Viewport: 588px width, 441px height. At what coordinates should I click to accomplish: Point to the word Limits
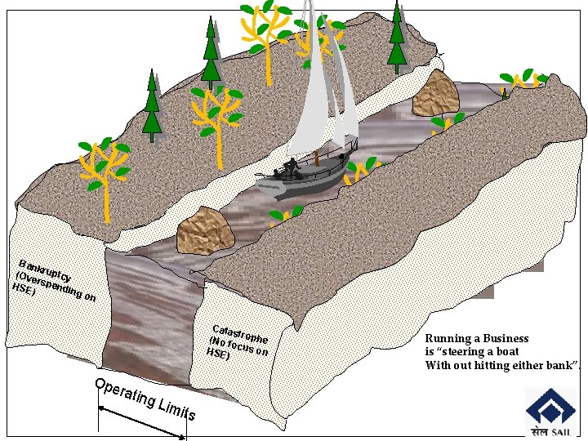pos(176,408)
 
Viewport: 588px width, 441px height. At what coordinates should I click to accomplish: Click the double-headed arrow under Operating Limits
pos(142,422)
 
